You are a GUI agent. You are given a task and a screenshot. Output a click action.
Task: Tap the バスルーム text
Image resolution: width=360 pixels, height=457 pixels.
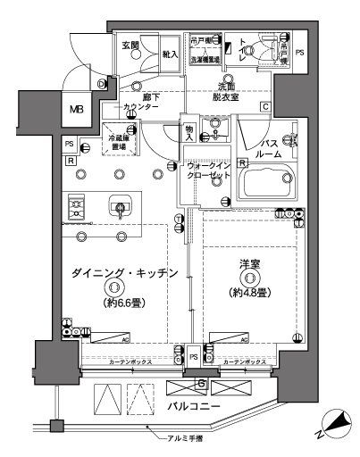click(272, 148)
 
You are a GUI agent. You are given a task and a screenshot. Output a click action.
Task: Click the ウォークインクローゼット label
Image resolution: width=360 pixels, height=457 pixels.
click(212, 172)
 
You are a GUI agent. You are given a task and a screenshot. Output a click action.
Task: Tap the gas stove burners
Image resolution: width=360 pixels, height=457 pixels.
click(75, 209)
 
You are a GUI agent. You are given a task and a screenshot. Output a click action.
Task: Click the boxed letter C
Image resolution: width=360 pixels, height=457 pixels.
click(266, 109)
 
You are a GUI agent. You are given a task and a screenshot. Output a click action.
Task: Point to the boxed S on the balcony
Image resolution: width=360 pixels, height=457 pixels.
click(203, 385)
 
